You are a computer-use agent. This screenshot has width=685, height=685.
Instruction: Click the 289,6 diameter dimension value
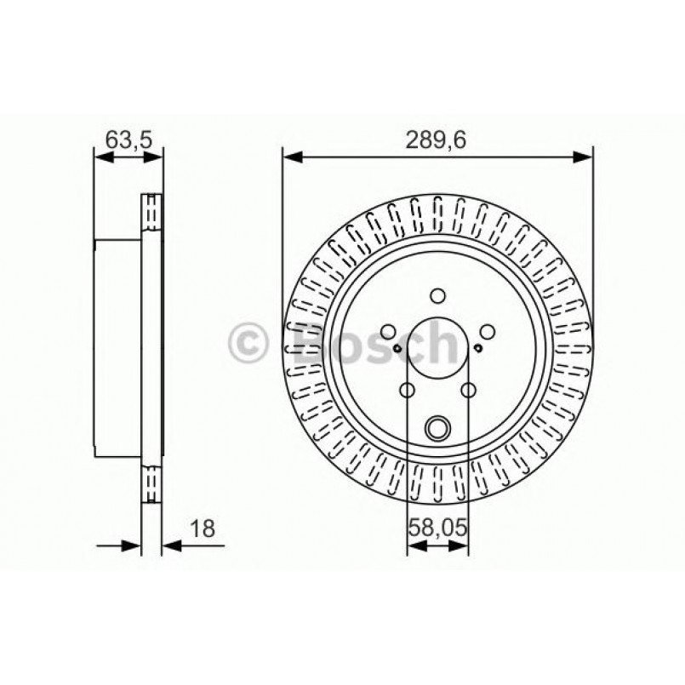coord(437,140)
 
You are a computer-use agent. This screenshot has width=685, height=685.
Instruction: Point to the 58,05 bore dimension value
coord(437,527)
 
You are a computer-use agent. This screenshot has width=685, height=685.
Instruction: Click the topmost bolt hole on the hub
coord(437,295)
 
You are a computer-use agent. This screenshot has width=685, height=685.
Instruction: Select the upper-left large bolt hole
coord(388,332)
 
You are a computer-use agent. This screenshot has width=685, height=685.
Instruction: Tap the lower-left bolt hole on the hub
coord(407,391)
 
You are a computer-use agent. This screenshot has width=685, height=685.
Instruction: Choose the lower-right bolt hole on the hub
coord(468,391)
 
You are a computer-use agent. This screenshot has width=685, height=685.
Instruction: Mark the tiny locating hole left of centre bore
coord(397,347)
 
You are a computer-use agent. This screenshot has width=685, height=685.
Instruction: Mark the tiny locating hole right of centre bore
coord(477,347)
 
